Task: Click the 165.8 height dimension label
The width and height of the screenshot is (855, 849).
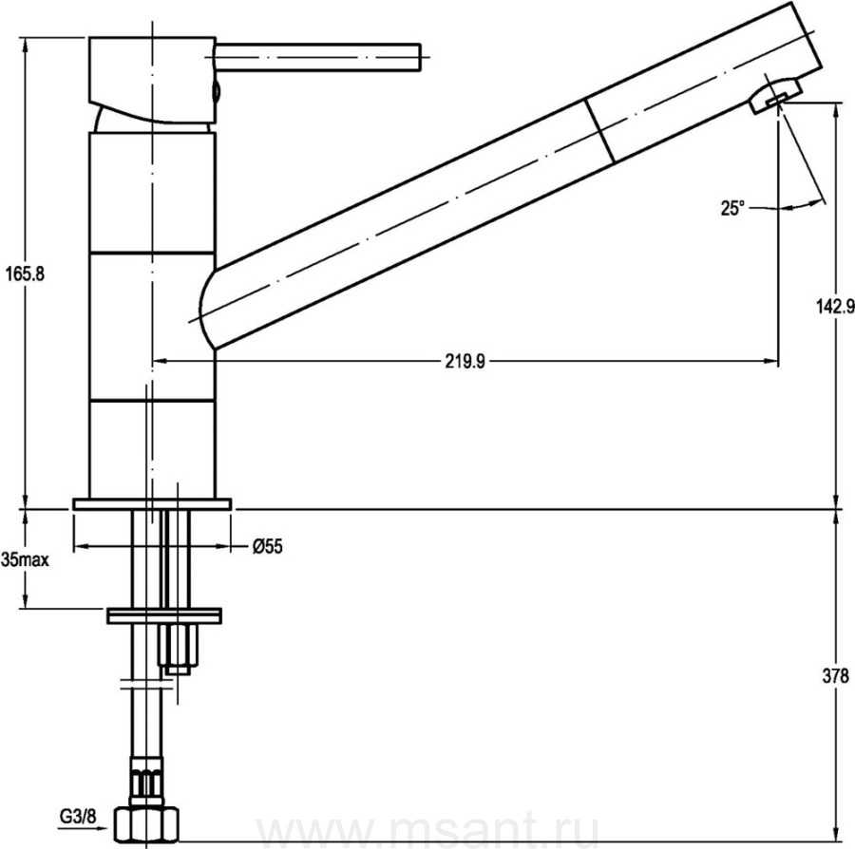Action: point(25,274)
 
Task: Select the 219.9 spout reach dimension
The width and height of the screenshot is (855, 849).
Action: point(465,361)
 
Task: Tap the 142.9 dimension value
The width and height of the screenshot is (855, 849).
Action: point(835,307)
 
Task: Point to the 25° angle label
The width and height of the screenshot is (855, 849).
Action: point(732,208)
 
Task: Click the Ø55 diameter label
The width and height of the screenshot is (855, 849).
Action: point(268,546)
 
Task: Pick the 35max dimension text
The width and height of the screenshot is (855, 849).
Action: point(25,559)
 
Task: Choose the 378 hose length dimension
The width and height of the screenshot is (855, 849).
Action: point(835,676)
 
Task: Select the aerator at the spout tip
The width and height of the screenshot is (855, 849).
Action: point(775,97)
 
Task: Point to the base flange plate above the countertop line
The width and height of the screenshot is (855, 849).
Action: point(152,504)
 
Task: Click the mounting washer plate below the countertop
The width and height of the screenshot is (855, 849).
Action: point(164,615)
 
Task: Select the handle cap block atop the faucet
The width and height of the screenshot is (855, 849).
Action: point(152,80)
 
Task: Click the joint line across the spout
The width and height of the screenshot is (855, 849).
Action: point(599,130)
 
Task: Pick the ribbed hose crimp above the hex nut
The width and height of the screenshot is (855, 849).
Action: point(147,781)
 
